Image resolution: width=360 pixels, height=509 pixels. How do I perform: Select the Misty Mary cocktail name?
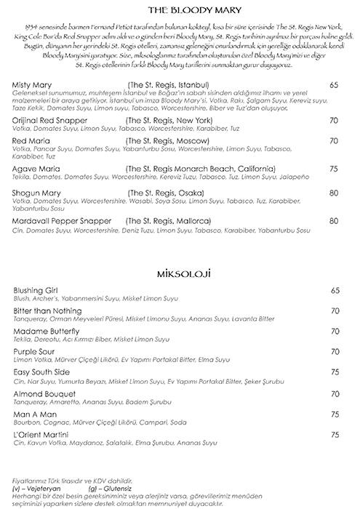[34, 85]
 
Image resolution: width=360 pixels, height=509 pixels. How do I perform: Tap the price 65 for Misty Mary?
[334, 85]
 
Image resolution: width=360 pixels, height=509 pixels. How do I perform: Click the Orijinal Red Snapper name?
[50, 119]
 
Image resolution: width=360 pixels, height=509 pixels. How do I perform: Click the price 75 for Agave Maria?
[334, 168]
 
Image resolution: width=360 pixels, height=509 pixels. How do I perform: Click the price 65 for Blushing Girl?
[334, 290]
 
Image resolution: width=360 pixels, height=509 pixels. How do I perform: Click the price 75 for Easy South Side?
[334, 372]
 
